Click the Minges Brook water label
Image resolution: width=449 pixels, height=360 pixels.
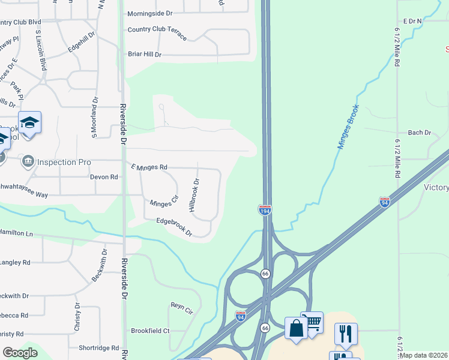pyautogui.click(x=348, y=127)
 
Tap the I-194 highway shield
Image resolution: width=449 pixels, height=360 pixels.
pyautogui.click(x=264, y=209)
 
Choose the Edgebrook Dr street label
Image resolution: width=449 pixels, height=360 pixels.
pyautogui.click(x=173, y=226)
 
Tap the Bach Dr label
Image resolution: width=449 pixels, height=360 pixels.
pyautogui.click(x=420, y=132)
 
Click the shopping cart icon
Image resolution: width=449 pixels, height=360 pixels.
pyautogui.click(x=312, y=323)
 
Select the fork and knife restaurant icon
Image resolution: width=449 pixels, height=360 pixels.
pyautogui.click(x=346, y=334)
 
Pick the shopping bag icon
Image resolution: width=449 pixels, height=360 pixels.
pyautogui.click(x=296, y=329)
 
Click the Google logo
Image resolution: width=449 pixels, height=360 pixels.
pyautogui.click(x=20, y=353)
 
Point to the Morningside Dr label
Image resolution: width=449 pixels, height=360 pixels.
pyautogui.click(x=149, y=13)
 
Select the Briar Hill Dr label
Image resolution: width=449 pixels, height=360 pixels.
pyautogui.click(x=145, y=54)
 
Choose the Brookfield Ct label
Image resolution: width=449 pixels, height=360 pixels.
pyautogui.click(x=150, y=331)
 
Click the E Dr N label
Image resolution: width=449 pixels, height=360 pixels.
pyautogui.click(x=412, y=21)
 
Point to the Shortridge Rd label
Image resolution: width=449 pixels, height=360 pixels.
pyautogui.click(x=99, y=347)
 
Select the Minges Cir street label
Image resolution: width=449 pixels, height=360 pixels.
pyautogui.click(x=164, y=203)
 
